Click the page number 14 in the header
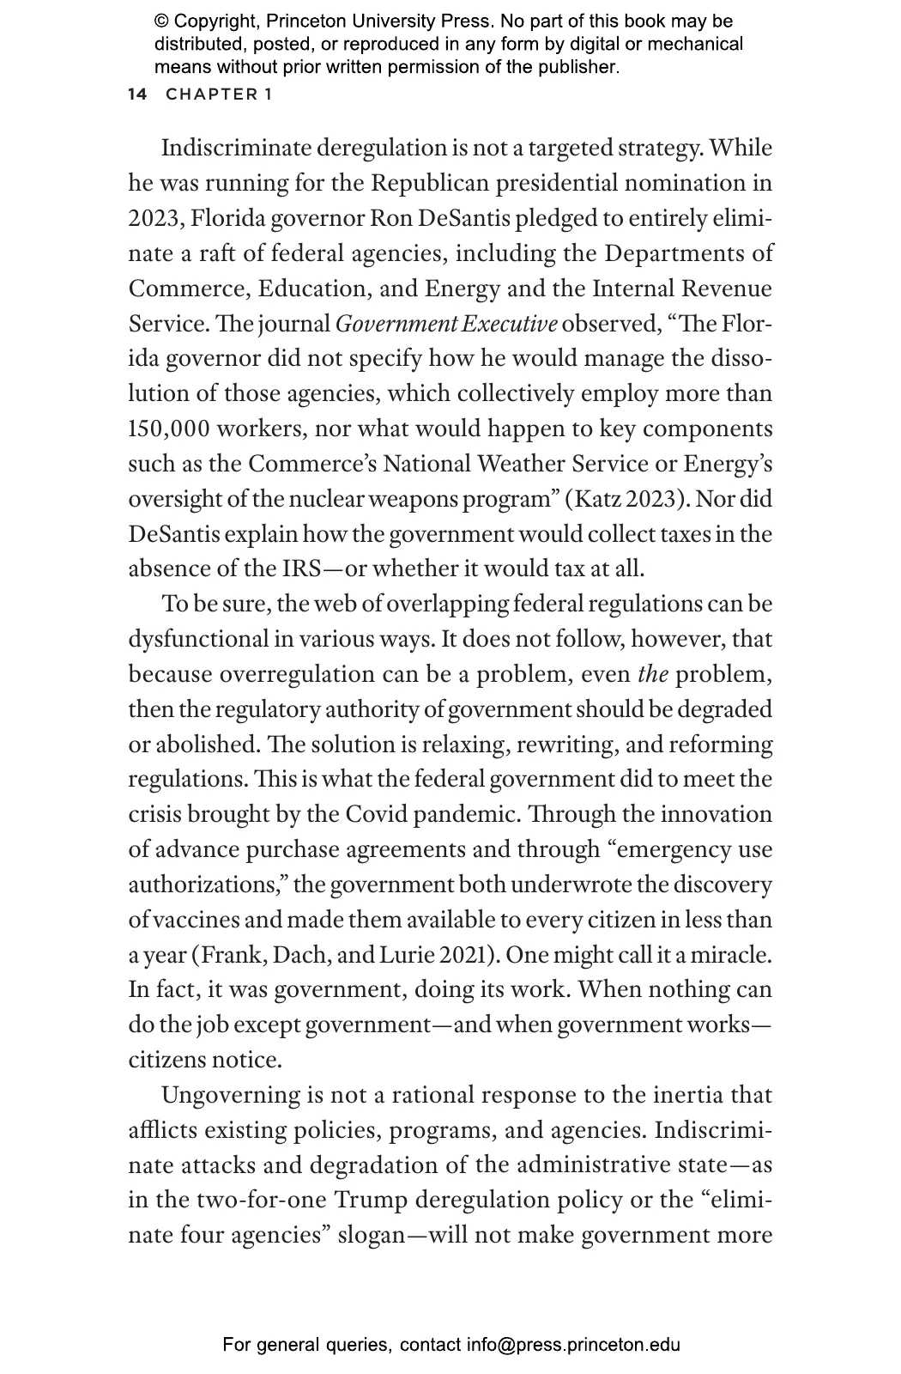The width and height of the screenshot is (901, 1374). (137, 94)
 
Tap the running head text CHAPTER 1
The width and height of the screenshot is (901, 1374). (219, 94)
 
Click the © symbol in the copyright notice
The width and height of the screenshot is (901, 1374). (160, 21)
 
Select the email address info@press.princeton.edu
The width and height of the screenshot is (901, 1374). (573, 1345)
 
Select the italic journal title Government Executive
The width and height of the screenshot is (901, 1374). (446, 325)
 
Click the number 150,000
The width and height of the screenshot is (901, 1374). (169, 429)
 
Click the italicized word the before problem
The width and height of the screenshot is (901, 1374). (653, 675)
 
